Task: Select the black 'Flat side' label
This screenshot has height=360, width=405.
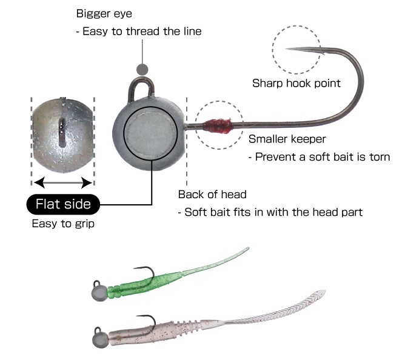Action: pos(63,204)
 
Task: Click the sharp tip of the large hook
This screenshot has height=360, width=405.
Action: pos(287,48)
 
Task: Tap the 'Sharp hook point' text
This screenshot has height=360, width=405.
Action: pos(296,83)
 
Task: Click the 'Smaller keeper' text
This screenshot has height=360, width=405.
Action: pos(287,139)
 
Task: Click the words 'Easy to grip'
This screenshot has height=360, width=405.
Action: pos(63,224)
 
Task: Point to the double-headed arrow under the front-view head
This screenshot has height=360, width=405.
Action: pos(63,181)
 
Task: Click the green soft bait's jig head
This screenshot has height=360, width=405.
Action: pos(99,292)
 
